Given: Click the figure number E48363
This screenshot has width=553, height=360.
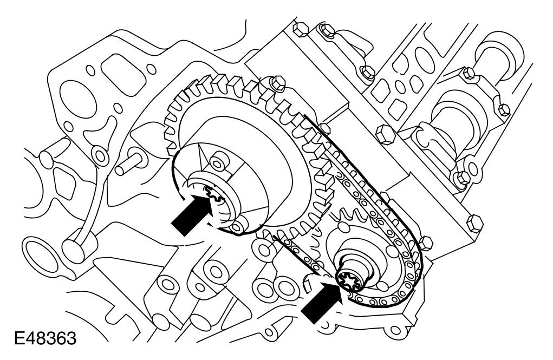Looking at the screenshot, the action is pos(45,339).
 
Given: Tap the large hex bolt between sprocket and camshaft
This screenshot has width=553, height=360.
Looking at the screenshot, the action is pos(385,134).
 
